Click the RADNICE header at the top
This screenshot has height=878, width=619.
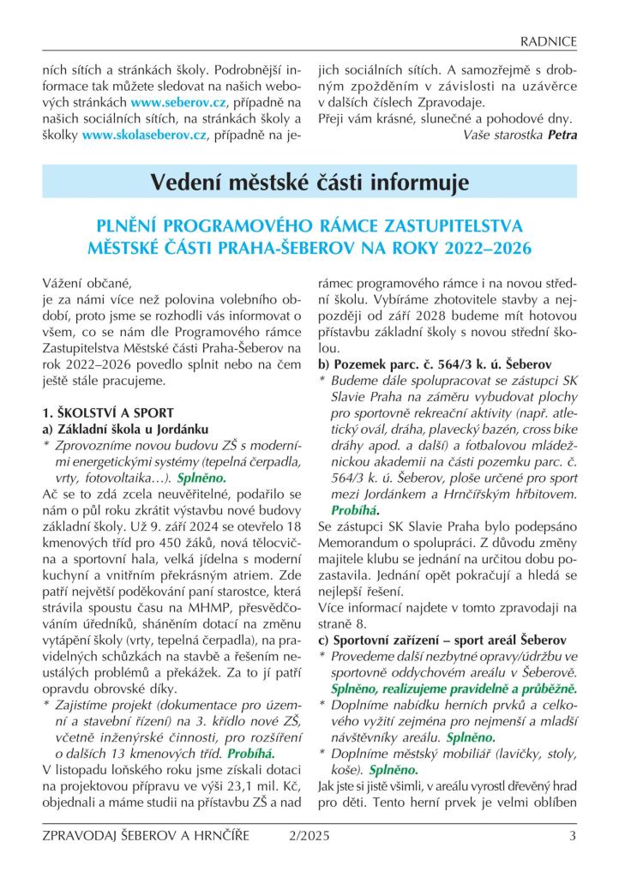pyautogui.click(x=548, y=41)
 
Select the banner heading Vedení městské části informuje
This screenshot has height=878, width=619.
pyautogui.click(x=309, y=183)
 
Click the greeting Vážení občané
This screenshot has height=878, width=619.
pyautogui.click(x=88, y=282)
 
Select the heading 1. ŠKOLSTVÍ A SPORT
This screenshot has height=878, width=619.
pyautogui.click(x=108, y=412)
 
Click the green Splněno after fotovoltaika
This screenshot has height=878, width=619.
pyautogui.click(x=201, y=477)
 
